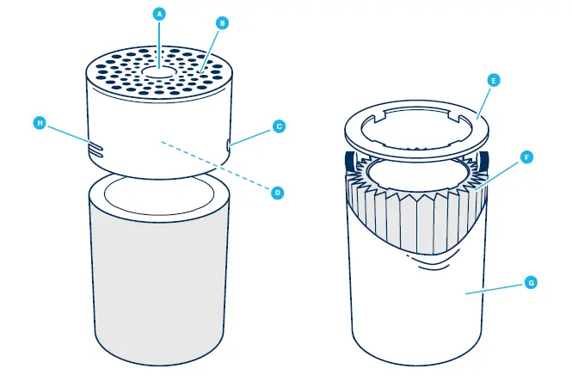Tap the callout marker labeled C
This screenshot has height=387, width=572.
[x=278, y=126]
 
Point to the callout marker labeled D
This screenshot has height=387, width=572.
[x=278, y=193]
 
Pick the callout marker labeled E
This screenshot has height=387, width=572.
[x=493, y=80]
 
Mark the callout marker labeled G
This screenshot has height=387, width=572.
[x=529, y=282]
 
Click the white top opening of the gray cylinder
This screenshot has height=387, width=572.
[x=159, y=193]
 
